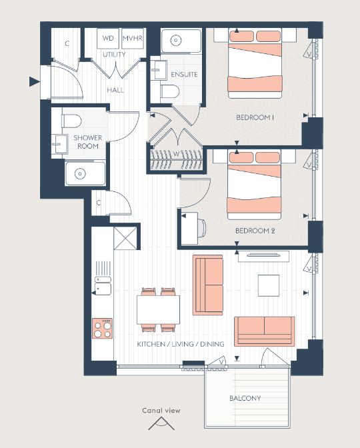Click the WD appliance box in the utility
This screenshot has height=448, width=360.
pyautogui.click(x=108, y=38)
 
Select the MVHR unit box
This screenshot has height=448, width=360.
pyautogui.click(x=133, y=38)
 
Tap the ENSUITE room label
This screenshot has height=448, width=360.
pyautogui.click(x=184, y=75)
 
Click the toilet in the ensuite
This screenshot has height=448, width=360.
pyautogui.click(x=170, y=91)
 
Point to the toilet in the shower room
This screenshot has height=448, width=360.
pyautogui.click(x=71, y=121)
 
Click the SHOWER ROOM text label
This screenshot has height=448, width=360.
pyautogui.click(x=88, y=142)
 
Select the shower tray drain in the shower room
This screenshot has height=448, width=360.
pyautogui.click(x=80, y=173)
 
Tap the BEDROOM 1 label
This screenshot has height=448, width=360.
pyautogui.click(x=255, y=117)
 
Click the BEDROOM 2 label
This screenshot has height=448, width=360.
pyautogui.click(x=255, y=231)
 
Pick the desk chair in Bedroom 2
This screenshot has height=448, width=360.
pyautogui.click(x=201, y=228)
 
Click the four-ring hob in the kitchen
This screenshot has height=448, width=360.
pyautogui.click(x=102, y=329)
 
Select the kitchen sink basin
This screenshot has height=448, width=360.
pyautogui.click(x=103, y=289)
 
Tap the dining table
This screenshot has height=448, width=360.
pyautogui.click(x=158, y=309)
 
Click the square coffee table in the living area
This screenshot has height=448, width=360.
pyautogui.click(x=269, y=285)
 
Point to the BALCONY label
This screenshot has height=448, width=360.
pyautogui.click(x=245, y=398)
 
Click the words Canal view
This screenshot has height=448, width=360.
pyautogui.click(x=161, y=411)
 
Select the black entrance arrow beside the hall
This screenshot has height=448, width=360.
pyautogui.click(x=34, y=81)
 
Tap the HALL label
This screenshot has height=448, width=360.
pyautogui.click(x=115, y=90)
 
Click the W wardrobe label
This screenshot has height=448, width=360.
pyautogui.click(x=176, y=154)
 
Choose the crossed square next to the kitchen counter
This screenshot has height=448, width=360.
pyautogui.click(x=125, y=238)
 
